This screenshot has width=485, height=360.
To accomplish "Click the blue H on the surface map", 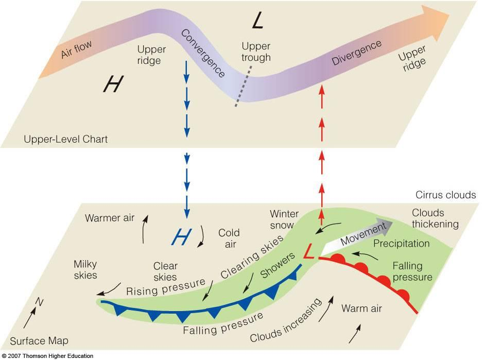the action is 182,237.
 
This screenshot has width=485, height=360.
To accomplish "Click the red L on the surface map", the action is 309,251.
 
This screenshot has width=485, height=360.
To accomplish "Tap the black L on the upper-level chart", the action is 257,22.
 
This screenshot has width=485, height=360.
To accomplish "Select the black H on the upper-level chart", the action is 113,84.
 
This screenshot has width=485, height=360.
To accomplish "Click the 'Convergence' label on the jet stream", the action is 203,53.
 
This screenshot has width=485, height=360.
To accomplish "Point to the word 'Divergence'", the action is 356,53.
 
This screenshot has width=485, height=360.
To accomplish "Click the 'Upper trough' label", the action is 256,52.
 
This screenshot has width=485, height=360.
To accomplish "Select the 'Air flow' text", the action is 76,49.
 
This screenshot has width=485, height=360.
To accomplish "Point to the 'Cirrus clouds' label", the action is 445,195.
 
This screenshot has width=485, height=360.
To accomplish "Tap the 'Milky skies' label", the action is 85,270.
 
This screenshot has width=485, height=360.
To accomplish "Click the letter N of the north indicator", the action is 39,302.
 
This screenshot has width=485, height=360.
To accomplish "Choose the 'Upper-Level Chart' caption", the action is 65,139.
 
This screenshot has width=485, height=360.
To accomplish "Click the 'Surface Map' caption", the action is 39,341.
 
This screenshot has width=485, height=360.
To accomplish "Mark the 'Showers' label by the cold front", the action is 278,265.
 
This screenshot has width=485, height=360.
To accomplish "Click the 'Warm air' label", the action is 361,308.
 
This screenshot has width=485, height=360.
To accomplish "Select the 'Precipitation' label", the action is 402,244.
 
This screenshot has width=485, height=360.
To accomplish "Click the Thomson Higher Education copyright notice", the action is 47,356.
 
